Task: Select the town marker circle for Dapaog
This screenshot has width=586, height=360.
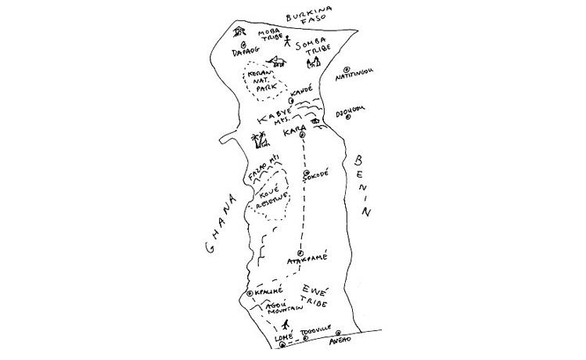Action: pyautogui.click(x=243, y=45)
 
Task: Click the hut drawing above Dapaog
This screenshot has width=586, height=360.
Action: pyautogui.click(x=239, y=31)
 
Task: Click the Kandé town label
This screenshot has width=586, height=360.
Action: pyautogui.click(x=300, y=91)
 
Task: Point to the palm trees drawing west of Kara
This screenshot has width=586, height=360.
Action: pyautogui.click(x=259, y=141)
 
